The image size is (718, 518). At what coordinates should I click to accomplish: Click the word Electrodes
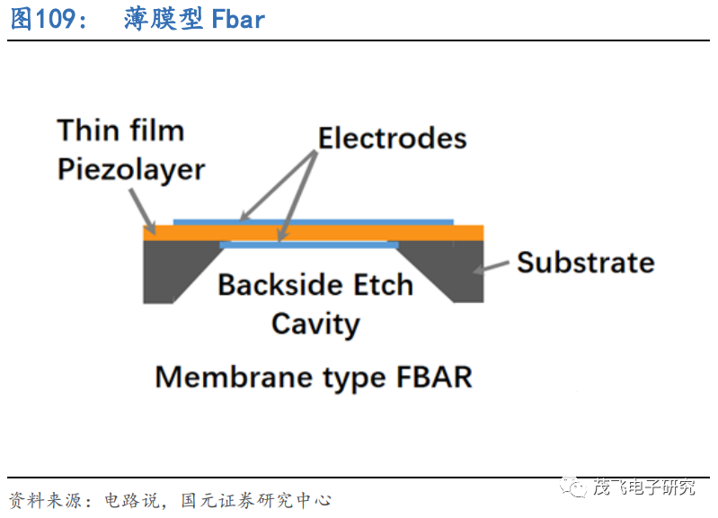point(393,138)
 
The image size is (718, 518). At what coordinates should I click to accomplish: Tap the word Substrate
point(585,263)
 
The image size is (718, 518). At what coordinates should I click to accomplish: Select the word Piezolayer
point(131,169)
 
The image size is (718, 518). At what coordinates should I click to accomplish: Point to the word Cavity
point(315,324)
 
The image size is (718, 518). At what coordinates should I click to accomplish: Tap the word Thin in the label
point(89,130)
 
